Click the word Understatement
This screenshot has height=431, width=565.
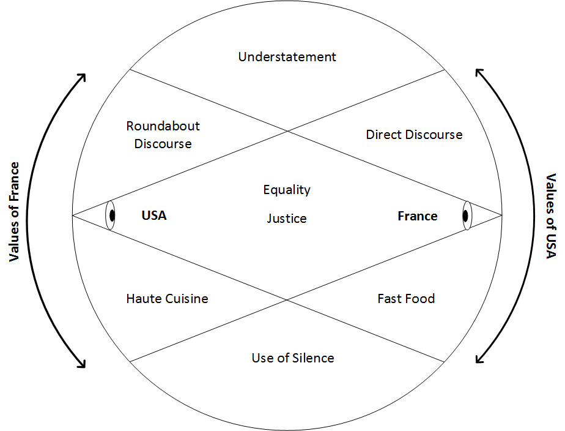(287, 57)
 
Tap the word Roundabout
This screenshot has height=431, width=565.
(163, 126)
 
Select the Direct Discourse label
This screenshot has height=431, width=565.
(415, 135)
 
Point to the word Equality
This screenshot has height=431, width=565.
(287, 190)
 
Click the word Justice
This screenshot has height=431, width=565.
(287, 218)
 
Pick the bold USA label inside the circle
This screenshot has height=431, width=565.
(154, 215)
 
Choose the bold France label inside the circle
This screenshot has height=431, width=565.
(418, 216)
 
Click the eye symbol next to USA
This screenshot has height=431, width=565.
(111, 215)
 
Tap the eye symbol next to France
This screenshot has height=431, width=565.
(467, 215)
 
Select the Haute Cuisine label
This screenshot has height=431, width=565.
(167, 299)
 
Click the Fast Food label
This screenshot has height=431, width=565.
(406, 299)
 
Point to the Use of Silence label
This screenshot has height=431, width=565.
(293, 358)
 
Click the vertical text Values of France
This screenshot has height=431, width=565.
(14, 212)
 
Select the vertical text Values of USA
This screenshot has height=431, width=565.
(551, 216)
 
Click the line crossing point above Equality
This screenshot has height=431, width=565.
(287, 131)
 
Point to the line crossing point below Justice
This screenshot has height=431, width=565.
(287, 300)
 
